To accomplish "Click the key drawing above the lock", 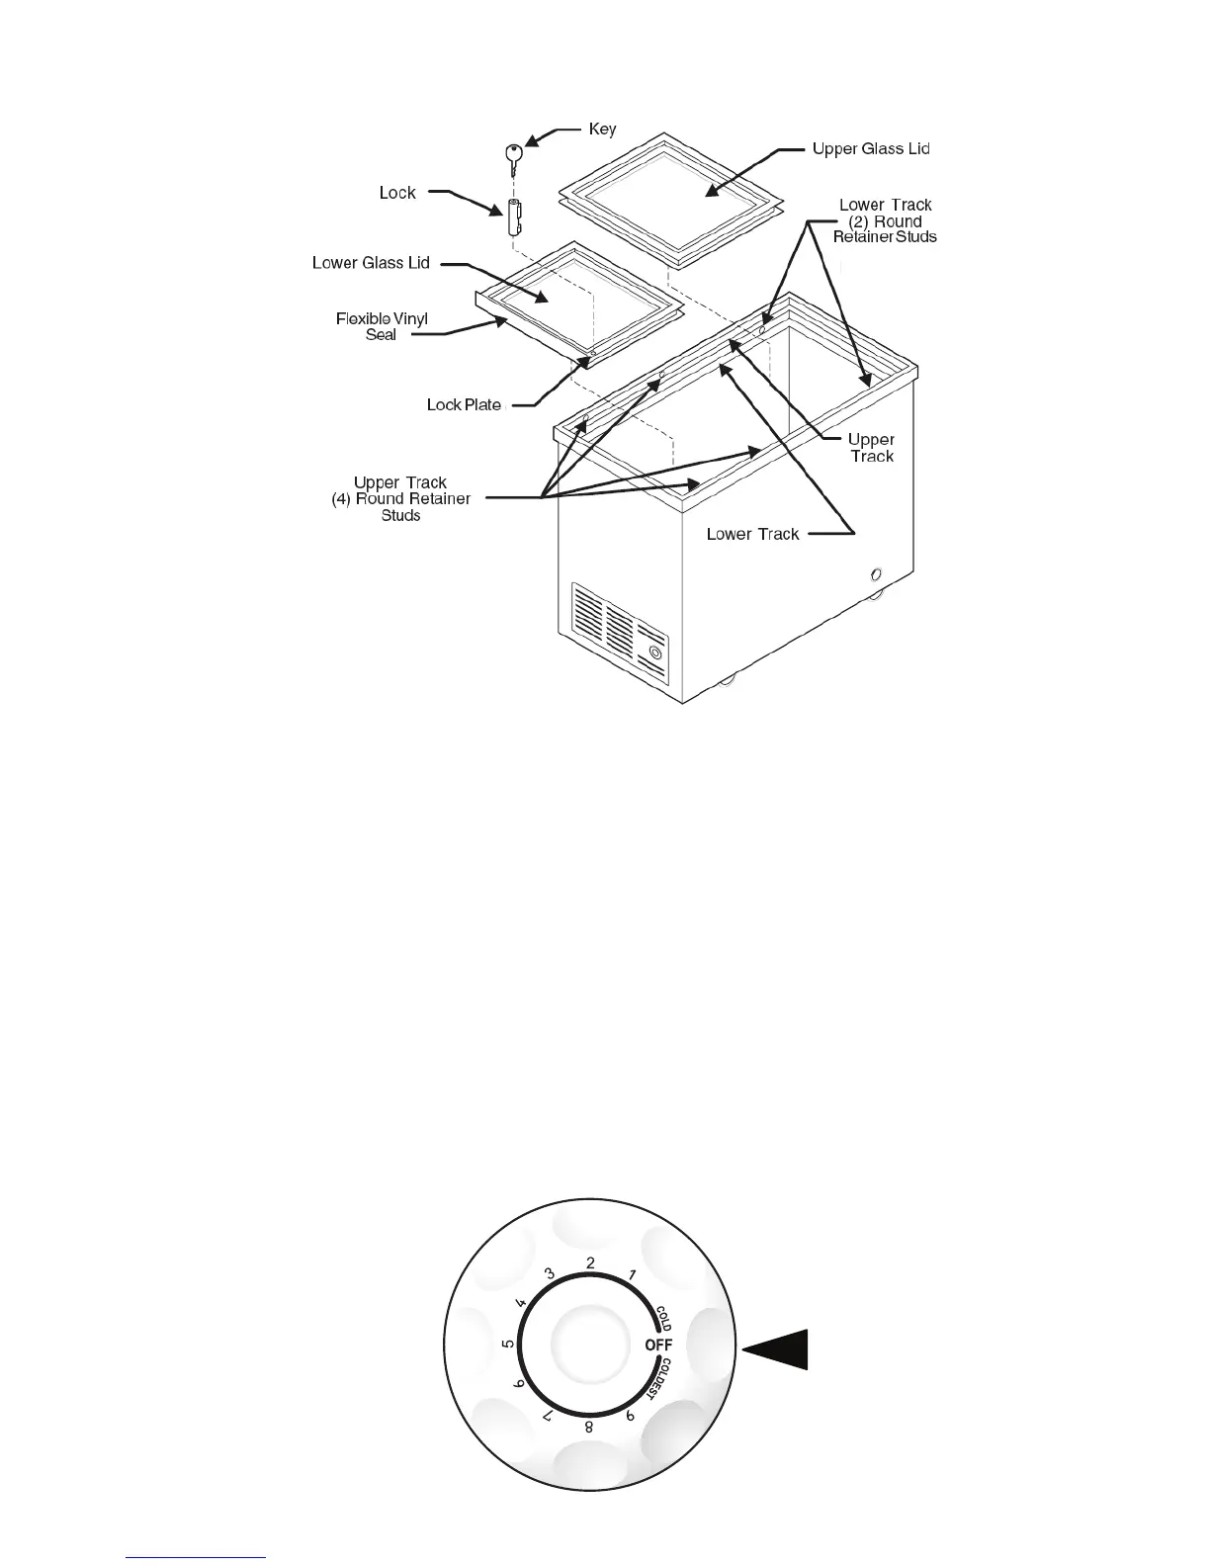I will coord(513,156).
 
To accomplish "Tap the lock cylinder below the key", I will coord(515,217).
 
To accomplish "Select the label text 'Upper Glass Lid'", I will coord(870,149).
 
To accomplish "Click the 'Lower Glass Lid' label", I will coord(371,263).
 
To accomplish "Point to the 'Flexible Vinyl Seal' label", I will coord(382,327).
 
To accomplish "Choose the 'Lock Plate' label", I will coord(464,405).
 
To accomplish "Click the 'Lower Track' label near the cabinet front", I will coord(752,535).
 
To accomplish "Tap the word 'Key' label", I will coord(602,130).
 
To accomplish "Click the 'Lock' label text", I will coord(397,193).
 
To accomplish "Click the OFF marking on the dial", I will coord(658,1346).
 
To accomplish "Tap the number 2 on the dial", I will coord(590,1262).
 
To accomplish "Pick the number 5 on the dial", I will coord(507,1345).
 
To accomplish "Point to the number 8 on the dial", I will coord(589,1427).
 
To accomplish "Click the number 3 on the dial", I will coord(550,1273).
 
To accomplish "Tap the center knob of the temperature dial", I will coord(589,1345).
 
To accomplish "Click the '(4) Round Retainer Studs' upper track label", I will coord(400,499).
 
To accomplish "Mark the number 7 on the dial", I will coord(547,1416).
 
